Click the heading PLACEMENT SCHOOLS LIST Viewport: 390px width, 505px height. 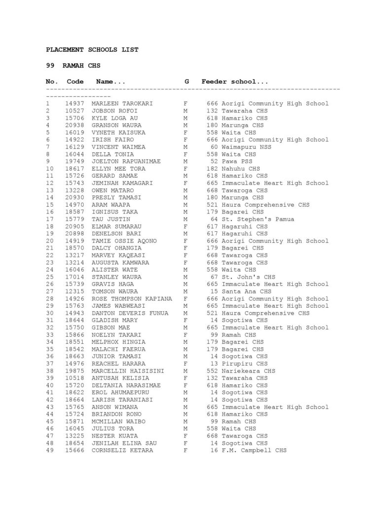[92, 50]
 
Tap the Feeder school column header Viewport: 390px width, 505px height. [235, 82]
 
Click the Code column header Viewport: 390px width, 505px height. [75, 82]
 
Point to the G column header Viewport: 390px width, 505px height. [187, 82]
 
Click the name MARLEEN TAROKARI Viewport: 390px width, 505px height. [122, 104]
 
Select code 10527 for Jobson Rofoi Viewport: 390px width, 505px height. [75, 111]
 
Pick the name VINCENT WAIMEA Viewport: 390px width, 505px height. [118, 147]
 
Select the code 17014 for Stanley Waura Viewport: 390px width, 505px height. [75, 277]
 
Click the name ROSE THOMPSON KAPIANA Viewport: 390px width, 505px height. [132, 299]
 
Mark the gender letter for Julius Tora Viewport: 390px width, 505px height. [185, 429]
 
